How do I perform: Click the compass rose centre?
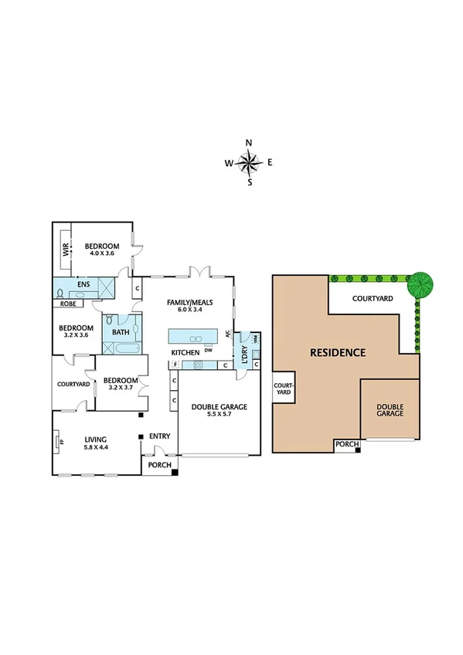pos(250,162)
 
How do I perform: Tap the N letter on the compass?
pos(250,143)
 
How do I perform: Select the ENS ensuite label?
pos(83,284)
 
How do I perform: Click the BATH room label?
pos(121,333)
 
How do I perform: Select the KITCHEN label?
pos(186,352)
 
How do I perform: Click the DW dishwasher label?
pos(209,349)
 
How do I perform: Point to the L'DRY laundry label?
pos(244,351)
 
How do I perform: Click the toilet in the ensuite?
pos(62,294)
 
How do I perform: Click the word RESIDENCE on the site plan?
pos(337,353)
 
